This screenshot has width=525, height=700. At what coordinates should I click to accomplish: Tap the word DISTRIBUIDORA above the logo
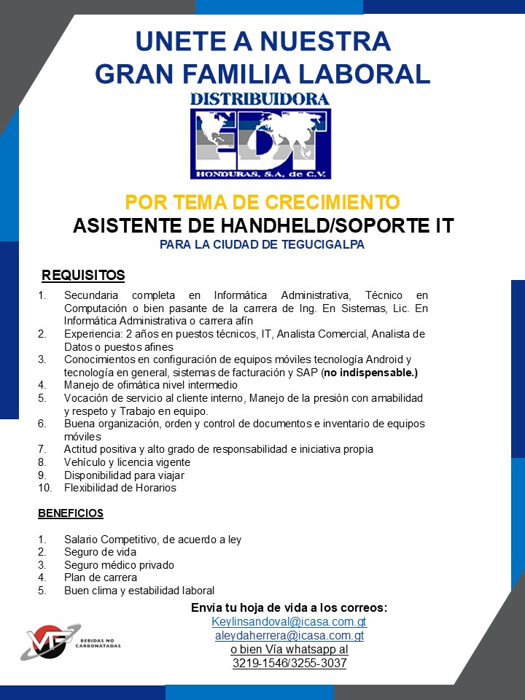point(260,98)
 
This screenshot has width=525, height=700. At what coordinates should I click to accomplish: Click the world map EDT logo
point(260,143)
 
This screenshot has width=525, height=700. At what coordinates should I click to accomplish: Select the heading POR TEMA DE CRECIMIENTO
point(262,201)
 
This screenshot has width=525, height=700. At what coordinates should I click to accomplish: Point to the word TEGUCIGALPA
point(322,244)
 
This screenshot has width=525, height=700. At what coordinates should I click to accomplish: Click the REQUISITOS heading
point(83,275)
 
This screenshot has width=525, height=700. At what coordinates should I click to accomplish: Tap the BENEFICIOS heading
point(71,513)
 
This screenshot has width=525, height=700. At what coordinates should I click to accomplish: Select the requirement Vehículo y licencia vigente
point(127,462)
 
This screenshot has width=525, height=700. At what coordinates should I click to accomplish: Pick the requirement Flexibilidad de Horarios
point(120,488)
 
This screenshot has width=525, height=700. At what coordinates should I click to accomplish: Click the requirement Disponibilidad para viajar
point(124,475)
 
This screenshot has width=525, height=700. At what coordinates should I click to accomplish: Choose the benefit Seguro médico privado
point(119,565)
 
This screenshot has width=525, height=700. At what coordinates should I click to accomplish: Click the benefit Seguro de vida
point(100,552)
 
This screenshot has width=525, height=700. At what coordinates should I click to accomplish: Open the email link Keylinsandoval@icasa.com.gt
point(289,622)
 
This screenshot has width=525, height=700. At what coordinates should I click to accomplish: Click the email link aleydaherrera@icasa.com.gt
point(289,636)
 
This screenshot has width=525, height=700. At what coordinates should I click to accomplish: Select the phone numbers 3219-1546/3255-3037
point(289,664)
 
